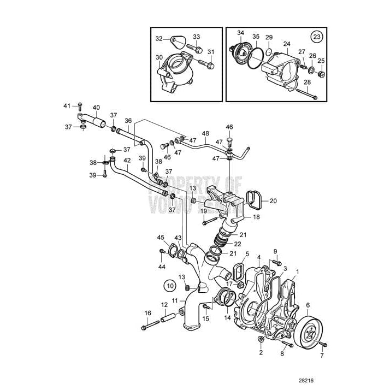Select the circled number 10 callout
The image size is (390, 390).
[170, 285]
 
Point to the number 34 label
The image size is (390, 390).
[241, 33]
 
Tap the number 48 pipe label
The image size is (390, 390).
[205, 133]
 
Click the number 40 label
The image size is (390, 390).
[96, 108]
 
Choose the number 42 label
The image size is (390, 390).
[127, 161]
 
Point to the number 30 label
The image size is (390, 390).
[159, 57]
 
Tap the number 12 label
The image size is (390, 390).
[164, 305]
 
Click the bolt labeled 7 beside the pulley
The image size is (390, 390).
[323, 345]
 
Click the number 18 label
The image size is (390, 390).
[256, 217]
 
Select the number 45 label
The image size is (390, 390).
[161, 237]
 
